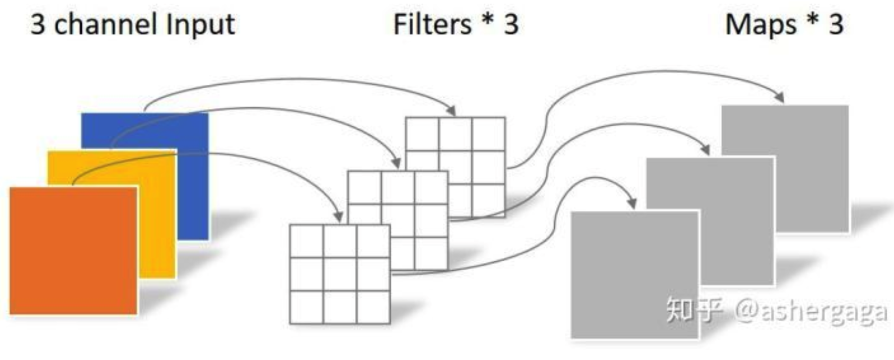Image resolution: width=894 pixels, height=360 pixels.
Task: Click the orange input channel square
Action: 73,251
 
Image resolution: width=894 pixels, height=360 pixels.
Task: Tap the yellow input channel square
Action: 157,212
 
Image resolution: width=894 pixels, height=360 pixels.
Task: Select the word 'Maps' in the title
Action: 760,24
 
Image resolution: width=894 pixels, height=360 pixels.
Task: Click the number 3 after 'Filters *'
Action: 511,24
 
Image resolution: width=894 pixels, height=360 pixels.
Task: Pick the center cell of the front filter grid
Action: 340,275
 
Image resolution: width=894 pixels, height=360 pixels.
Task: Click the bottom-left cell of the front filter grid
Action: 306,307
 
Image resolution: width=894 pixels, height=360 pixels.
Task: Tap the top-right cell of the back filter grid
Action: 488,134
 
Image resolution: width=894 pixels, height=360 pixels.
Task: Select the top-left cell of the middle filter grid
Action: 364,187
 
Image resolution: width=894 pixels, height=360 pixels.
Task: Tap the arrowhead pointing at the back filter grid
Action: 451,111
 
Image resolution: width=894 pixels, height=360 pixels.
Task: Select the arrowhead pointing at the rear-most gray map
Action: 779,98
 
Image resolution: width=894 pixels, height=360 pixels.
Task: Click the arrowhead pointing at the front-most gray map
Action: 632,203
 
